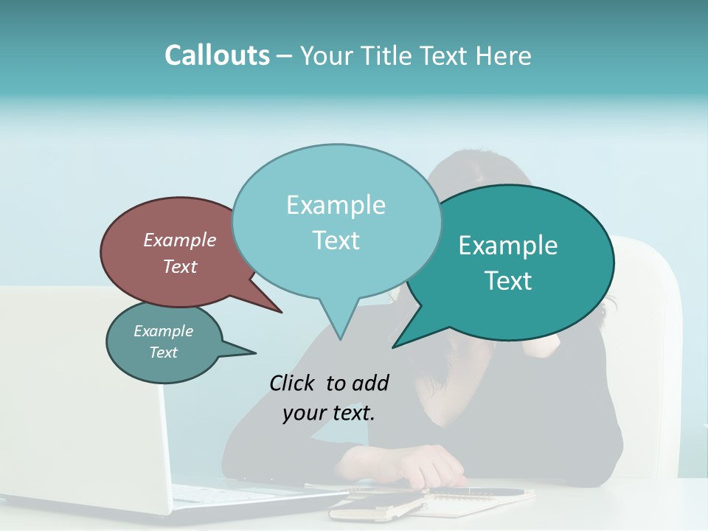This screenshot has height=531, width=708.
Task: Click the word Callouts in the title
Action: tap(217, 55)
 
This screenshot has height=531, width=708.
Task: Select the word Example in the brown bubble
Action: tap(180, 240)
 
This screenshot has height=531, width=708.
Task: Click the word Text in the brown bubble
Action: tap(180, 266)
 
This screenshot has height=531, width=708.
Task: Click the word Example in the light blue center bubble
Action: tap(336, 205)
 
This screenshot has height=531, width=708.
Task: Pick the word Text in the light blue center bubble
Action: tap(336, 240)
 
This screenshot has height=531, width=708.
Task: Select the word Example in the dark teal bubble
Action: tap(508, 246)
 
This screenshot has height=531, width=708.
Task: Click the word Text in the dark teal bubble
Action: tap(508, 281)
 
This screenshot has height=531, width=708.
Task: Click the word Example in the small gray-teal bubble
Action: tap(164, 331)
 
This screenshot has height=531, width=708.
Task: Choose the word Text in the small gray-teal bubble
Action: tap(164, 353)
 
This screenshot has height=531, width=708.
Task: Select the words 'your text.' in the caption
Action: tap(329, 413)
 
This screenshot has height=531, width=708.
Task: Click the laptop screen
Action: tap(74, 391)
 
